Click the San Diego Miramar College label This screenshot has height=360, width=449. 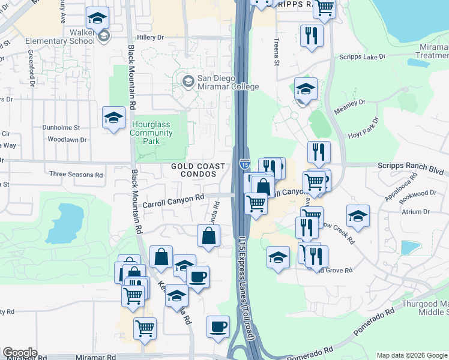point(228,82)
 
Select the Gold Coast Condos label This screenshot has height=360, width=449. point(198,170)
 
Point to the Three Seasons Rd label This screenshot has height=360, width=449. point(76,175)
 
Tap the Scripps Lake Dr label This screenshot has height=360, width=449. point(362,56)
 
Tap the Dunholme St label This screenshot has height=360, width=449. point(61,127)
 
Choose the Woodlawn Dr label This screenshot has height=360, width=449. point(67,139)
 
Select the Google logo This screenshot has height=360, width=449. point(20,353)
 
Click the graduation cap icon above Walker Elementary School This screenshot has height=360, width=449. point(97,17)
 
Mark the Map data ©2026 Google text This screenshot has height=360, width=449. point(411,355)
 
